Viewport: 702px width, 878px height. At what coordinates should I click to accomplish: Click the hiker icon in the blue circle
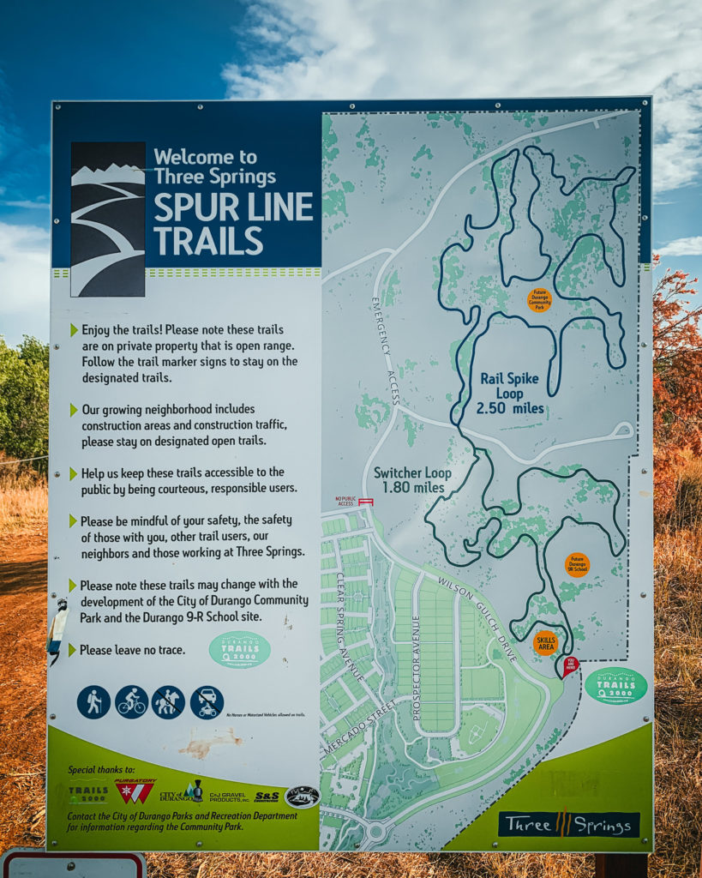93,702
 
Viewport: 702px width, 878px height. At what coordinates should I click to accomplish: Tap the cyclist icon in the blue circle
131,702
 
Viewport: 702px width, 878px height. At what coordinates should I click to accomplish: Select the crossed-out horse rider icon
168,702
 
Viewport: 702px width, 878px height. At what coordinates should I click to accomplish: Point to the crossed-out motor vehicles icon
207,702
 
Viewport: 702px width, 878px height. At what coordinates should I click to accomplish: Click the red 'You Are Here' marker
570,665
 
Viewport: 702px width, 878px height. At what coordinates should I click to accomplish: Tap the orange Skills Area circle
545,642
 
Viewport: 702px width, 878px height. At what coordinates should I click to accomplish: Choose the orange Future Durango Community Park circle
539,299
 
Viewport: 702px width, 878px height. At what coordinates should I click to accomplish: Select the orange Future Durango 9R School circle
577,565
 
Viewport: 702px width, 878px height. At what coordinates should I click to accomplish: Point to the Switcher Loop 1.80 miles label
412,480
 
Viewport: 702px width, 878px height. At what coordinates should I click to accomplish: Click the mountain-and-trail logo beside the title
108,219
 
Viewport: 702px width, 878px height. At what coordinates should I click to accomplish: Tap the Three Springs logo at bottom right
569,824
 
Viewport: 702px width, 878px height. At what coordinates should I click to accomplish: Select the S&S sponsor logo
267,797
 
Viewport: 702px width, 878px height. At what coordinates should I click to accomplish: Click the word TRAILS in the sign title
208,240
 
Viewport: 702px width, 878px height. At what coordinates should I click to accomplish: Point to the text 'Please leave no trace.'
132,650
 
